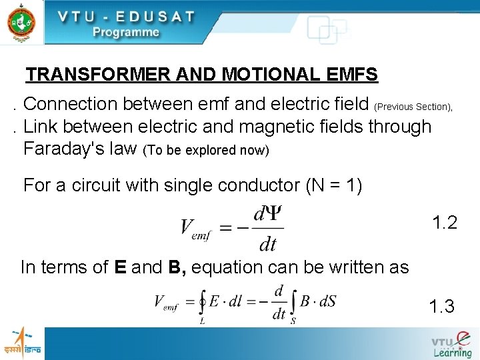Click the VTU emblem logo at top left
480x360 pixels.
[x=21, y=21]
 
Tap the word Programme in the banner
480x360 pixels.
[x=125, y=32]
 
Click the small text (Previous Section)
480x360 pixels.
[x=413, y=107]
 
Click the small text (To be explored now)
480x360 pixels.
[x=206, y=151]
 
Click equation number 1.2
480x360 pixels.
[x=445, y=223]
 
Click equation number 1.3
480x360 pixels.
[x=442, y=307]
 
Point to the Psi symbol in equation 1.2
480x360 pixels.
[x=275, y=213]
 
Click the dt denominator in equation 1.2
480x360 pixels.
[x=267, y=244]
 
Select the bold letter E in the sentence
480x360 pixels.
[x=121, y=267]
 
